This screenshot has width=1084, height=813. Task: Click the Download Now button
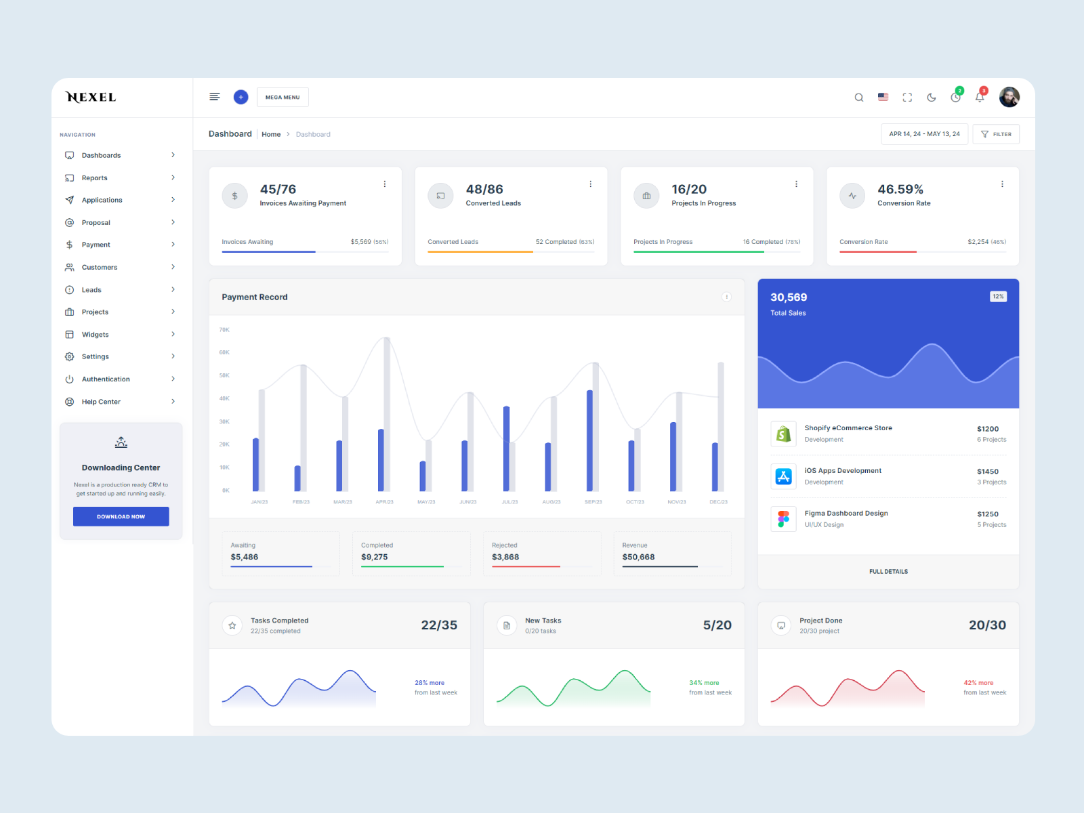pos(121,516)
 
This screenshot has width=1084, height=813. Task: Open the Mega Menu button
pos(283,98)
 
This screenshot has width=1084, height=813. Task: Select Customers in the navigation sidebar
pos(100,268)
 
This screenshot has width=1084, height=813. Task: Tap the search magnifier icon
pos(858,98)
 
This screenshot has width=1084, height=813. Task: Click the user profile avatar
pos(1009,98)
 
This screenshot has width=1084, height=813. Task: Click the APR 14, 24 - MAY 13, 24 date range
pos(924,134)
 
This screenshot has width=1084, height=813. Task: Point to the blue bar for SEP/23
pos(589,440)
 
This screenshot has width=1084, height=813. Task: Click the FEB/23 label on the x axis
pos(301,502)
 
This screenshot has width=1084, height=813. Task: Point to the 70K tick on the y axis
pos(224,330)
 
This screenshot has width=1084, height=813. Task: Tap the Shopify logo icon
pos(783,434)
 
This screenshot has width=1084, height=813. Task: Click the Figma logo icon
pos(783,519)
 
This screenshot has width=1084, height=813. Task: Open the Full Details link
pos(888,572)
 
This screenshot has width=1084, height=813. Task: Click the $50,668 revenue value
pos(638,557)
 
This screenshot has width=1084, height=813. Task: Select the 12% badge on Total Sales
pos(998,297)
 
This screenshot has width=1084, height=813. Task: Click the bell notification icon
pos(980,98)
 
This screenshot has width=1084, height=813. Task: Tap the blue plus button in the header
pos(241,98)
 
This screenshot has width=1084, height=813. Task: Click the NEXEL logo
pos(91,98)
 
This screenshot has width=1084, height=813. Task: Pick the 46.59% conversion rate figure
pos(900,190)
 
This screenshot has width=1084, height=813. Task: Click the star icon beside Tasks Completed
pos(232,625)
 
